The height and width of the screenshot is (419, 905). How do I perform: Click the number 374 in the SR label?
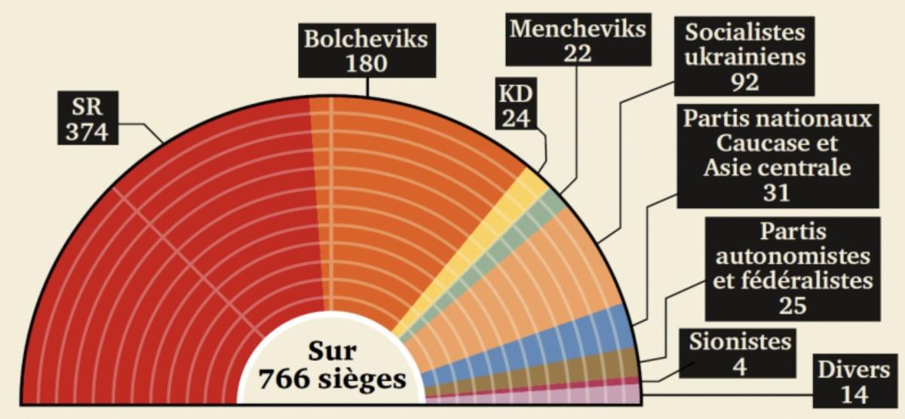pos(86,132)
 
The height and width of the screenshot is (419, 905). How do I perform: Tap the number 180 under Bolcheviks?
pos(367,63)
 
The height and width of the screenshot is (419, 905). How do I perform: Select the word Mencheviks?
pos(578,29)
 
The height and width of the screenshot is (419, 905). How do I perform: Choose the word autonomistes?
pos(793,256)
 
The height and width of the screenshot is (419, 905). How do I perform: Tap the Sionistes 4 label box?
pos(740,353)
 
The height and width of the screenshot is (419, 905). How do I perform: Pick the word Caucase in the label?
pos(777,142)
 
